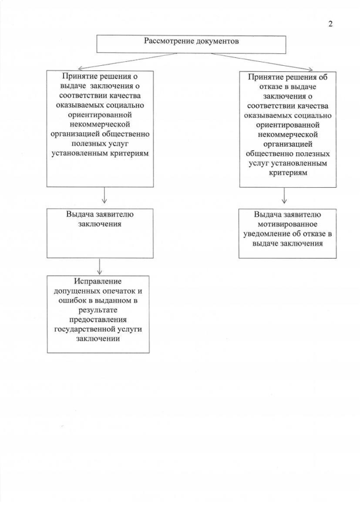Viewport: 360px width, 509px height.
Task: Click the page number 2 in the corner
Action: tap(331, 24)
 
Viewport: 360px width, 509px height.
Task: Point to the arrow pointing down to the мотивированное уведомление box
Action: tap(285, 195)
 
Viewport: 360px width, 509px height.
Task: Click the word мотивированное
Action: tap(287, 223)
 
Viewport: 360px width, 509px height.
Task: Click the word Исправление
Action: tap(98, 281)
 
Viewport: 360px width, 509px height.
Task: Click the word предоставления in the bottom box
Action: tap(98, 321)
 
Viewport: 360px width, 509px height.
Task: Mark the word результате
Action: tap(98, 310)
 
